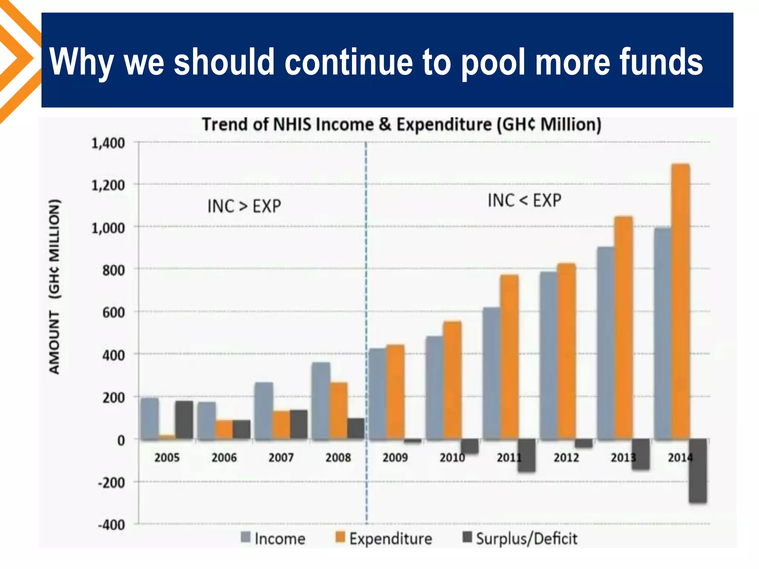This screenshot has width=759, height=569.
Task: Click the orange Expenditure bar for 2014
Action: [680, 302]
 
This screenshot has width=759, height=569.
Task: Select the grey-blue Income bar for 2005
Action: [150, 419]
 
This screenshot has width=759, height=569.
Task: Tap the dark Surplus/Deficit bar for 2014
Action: [697, 470]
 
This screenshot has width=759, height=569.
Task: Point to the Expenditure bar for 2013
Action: [623, 328]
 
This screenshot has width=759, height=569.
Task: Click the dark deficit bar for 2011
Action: [527, 455]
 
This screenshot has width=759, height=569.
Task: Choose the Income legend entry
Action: [273, 538]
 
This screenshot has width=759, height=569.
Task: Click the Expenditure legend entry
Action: [384, 538]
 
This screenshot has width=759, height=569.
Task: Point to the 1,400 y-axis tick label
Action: [108, 143]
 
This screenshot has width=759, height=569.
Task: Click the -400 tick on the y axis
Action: [111, 525]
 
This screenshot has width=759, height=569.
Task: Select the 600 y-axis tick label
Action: [113, 313]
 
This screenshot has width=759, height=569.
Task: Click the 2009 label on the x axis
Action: [395, 458]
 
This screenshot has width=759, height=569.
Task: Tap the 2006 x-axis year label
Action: [224, 458]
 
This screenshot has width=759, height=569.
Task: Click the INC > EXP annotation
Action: [244, 206]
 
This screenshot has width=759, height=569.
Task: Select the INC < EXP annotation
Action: [524, 200]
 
